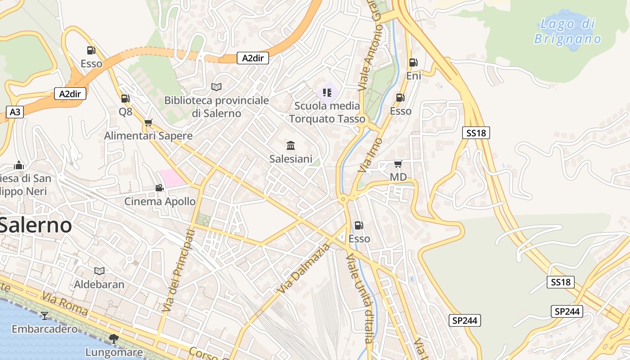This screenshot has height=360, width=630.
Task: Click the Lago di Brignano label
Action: tap(567, 31)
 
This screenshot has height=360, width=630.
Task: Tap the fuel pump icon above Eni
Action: tap(413, 63)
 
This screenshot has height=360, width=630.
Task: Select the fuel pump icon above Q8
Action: tap(125, 98)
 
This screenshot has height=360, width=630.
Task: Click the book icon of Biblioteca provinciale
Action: tap(216, 87)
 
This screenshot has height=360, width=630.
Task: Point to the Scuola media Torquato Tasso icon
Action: tap(327, 93)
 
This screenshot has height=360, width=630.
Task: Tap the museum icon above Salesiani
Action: tap(291, 146)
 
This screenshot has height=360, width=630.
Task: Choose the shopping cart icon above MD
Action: tap(398, 164)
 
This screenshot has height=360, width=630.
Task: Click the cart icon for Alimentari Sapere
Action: tap(148, 122)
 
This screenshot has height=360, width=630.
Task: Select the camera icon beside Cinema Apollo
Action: tap(159, 188)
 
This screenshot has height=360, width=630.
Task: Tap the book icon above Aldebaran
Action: tap(99, 271)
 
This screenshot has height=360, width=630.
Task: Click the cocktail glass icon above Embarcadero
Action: tap(45, 315)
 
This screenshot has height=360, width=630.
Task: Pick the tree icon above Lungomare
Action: tap(114, 338)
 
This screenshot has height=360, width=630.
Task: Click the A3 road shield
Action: tap(15, 112)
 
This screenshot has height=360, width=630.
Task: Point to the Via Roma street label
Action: tap(66, 303)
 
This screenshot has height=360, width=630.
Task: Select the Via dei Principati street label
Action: tap(179, 270)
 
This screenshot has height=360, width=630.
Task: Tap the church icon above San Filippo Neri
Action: tap(19, 165)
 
